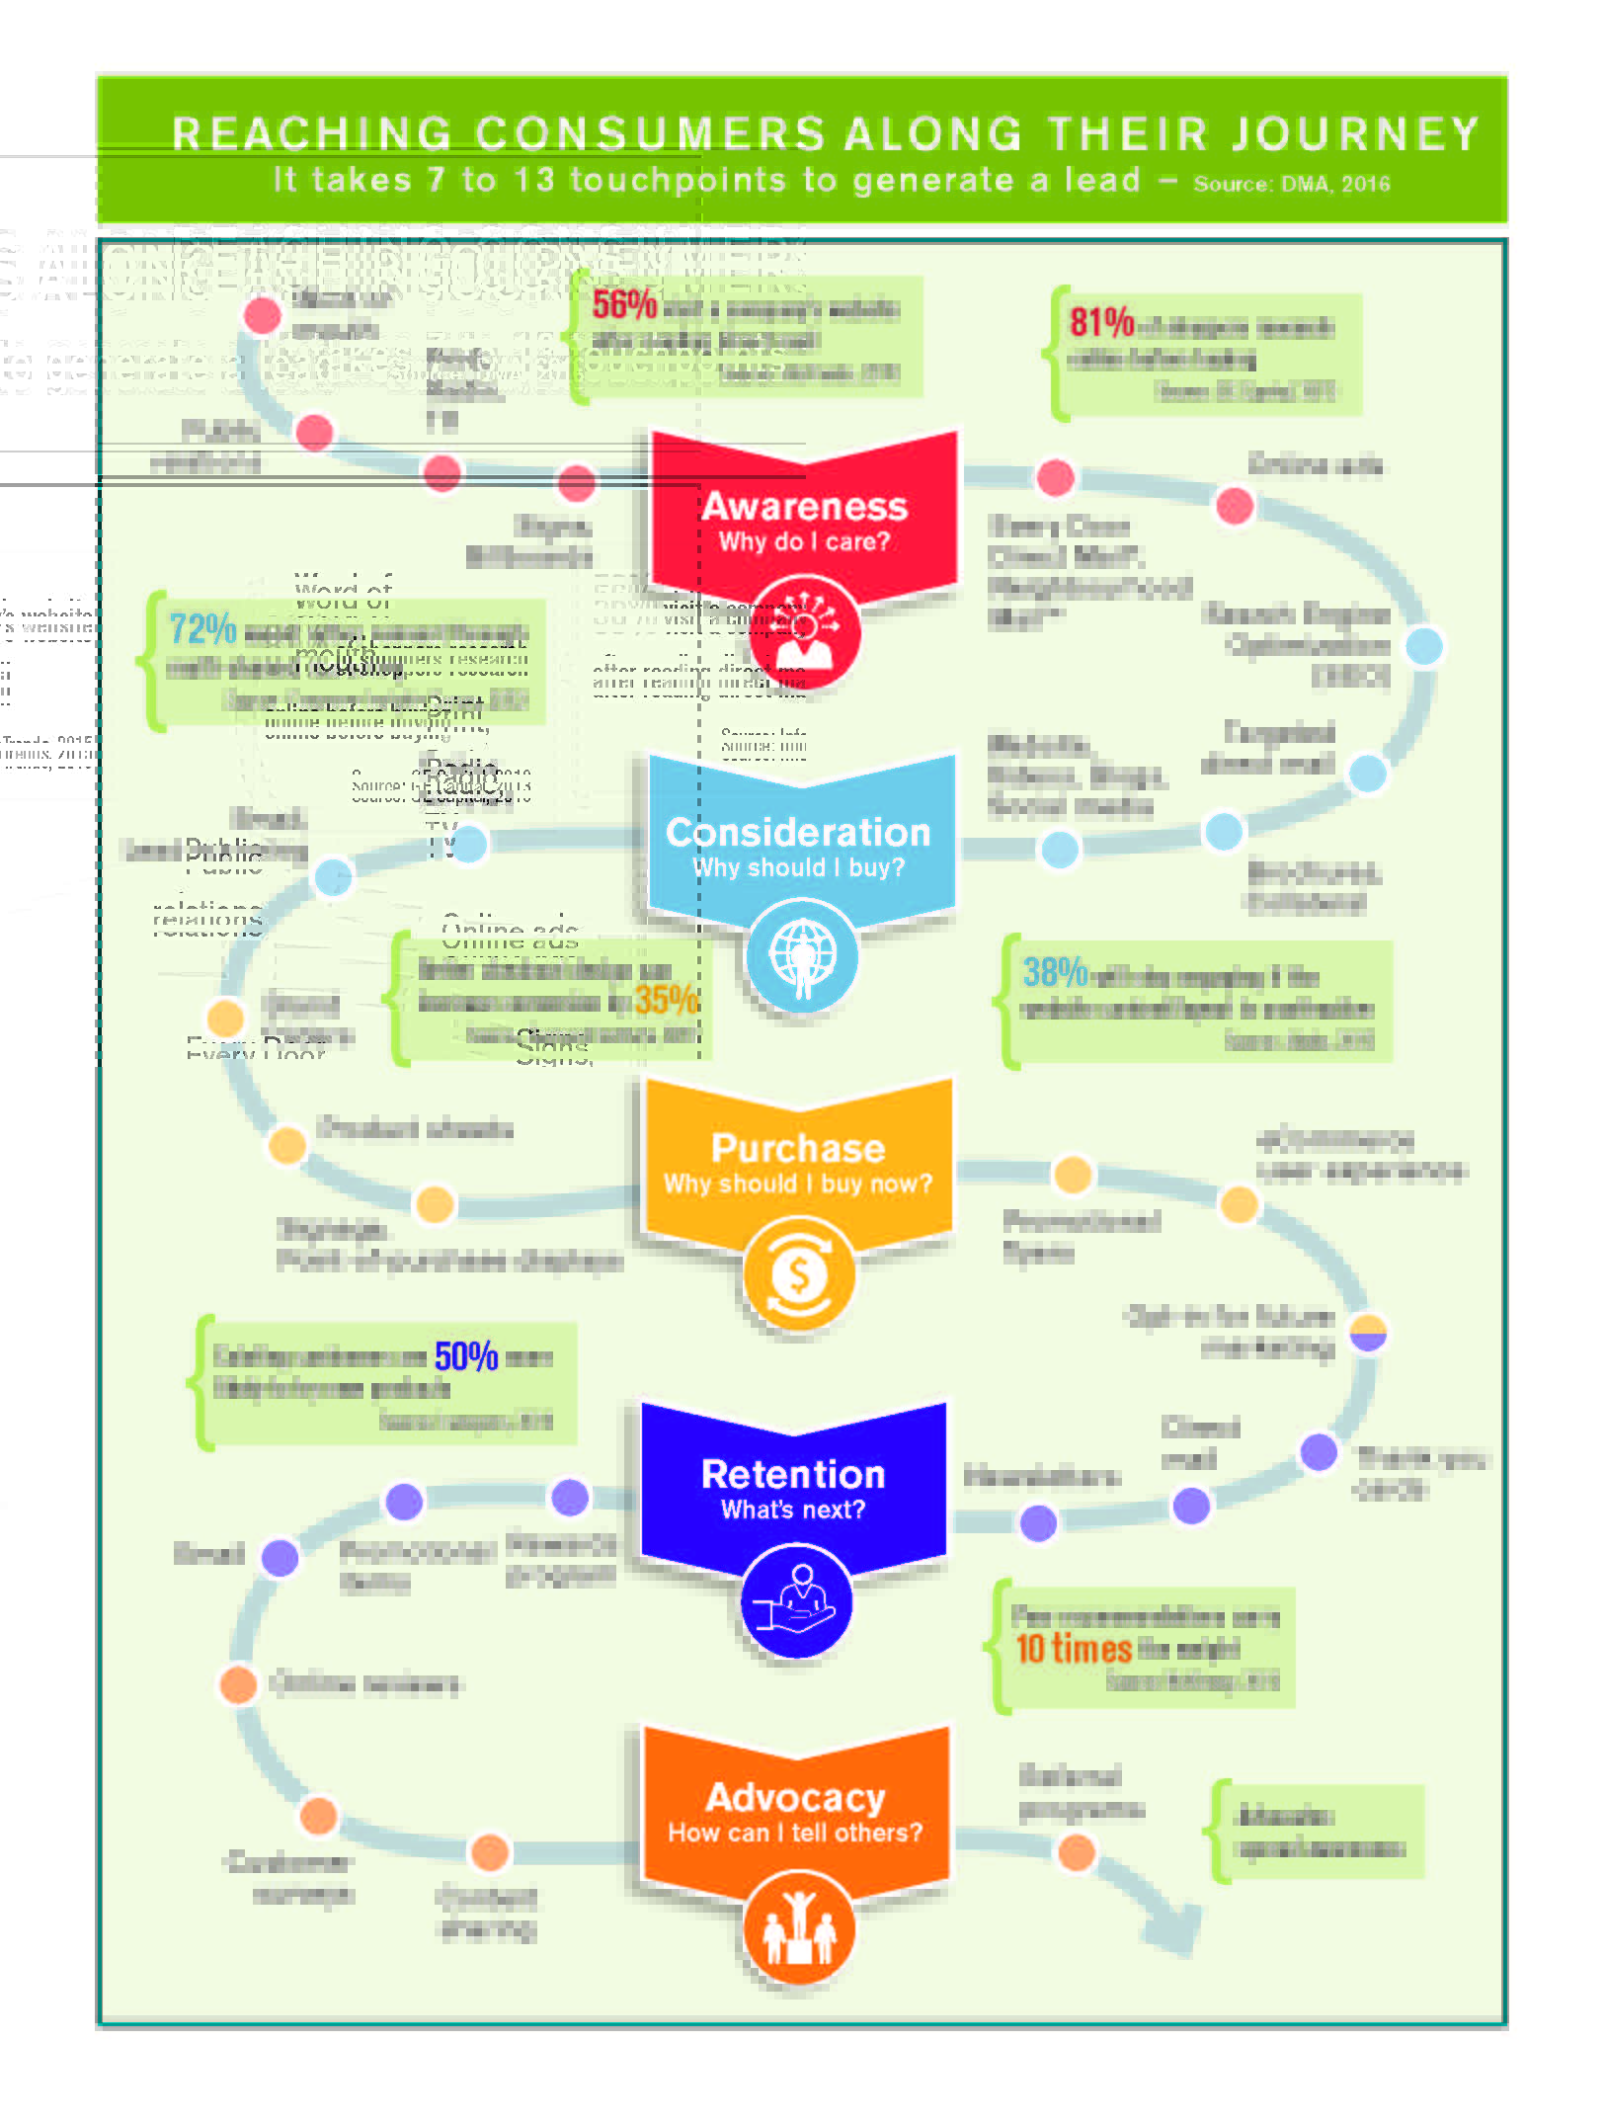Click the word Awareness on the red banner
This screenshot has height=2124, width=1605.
click(804, 506)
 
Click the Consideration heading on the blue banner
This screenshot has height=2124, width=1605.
click(798, 832)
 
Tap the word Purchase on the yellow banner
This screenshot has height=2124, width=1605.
click(798, 1148)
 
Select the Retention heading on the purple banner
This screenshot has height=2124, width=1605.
click(793, 1474)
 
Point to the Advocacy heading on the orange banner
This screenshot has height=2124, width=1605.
click(795, 1797)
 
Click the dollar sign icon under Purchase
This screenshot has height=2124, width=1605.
click(799, 1274)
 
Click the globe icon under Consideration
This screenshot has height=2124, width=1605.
click(802, 955)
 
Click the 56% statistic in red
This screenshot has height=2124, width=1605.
click(624, 304)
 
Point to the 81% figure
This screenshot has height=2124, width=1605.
click(1101, 322)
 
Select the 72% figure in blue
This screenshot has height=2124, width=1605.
click(202, 628)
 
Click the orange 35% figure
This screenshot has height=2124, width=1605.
click(666, 1000)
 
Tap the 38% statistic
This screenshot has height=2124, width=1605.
click(1055, 973)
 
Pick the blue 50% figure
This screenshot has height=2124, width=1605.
click(466, 1356)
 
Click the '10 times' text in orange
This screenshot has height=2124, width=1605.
click(1074, 1648)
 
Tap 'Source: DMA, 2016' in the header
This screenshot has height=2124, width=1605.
click(1291, 184)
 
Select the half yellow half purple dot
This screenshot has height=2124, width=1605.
click(1368, 1332)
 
